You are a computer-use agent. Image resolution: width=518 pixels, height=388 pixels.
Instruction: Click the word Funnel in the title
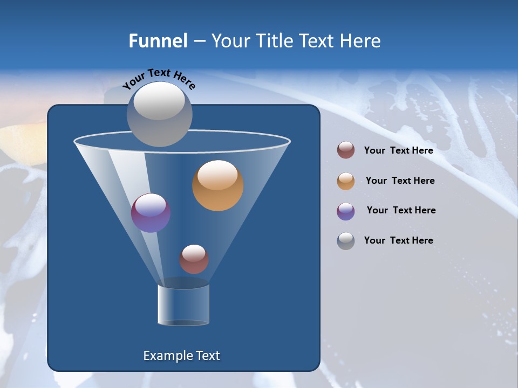(x=158, y=41)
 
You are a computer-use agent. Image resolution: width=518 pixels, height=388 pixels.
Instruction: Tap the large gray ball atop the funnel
(x=160, y=114)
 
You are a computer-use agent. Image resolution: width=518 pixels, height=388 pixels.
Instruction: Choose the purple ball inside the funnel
(x=151, y=213)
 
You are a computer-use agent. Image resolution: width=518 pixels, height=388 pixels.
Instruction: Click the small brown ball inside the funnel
(x=194, y=259)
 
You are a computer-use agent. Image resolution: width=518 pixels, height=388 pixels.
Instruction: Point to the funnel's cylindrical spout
(x=183, y=304)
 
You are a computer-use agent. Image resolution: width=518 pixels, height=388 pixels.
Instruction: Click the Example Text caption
(x=182, y=356)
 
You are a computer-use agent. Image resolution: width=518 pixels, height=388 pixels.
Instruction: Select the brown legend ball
(x=346, y=150)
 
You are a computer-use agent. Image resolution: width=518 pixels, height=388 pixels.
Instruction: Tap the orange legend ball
(x=346, y=181)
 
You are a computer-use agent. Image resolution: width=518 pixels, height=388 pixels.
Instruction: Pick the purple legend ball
(x=346, y=211)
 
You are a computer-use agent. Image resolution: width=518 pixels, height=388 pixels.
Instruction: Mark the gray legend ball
(x=346, y=241)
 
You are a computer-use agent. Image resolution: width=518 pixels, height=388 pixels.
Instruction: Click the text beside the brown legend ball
(x=398, y=150)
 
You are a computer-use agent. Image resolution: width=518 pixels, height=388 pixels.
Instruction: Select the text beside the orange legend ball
(x=400, y=181)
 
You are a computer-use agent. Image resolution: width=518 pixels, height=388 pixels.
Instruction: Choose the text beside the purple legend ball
(x=401, y=210)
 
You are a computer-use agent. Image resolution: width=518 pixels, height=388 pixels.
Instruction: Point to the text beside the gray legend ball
(x=398, y=240)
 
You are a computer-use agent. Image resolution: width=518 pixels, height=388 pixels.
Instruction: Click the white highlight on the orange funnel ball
(x=217, y=175)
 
